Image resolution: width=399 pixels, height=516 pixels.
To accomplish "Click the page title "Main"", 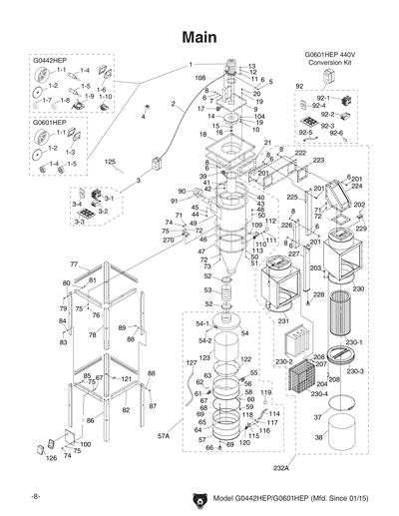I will [x=199, y=36].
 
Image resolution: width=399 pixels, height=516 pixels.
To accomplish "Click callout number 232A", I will [x=280, y=467].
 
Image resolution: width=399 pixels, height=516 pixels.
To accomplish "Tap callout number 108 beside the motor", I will [x=199, y=77].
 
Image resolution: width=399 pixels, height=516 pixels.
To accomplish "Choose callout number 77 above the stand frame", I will [x=73, y=263].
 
